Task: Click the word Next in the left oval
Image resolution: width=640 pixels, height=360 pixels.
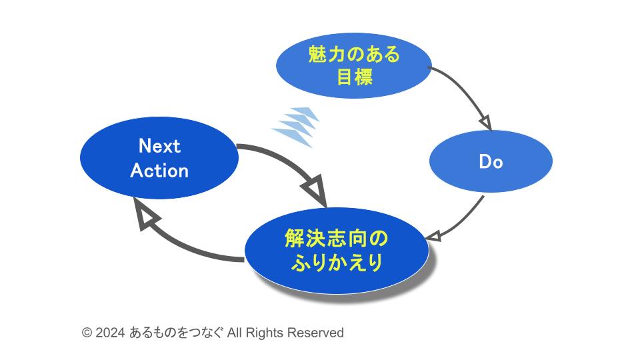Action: [159, 146]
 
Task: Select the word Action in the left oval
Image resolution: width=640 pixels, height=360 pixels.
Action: [159, 170]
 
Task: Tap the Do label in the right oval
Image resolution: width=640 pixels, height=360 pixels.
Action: [491, 161]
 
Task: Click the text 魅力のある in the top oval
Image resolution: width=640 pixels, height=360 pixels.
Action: [354, 54]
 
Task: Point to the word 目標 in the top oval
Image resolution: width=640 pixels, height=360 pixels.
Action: [354, 76]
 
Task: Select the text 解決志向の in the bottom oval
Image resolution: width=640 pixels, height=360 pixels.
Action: [336, 239]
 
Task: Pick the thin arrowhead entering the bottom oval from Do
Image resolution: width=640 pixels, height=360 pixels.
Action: [433, 236]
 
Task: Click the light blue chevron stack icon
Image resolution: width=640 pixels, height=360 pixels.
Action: [295, 127]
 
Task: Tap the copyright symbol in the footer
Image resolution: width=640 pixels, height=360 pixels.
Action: [87, 333]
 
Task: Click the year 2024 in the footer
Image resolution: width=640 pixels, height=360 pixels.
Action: [110, 333]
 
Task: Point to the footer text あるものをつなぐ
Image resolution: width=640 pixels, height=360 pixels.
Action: [176, 333]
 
